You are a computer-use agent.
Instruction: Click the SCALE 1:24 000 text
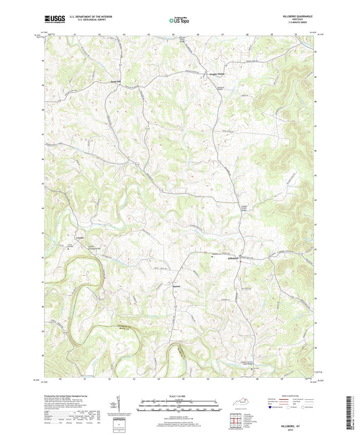pyautogui.click(x=180, y=394)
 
